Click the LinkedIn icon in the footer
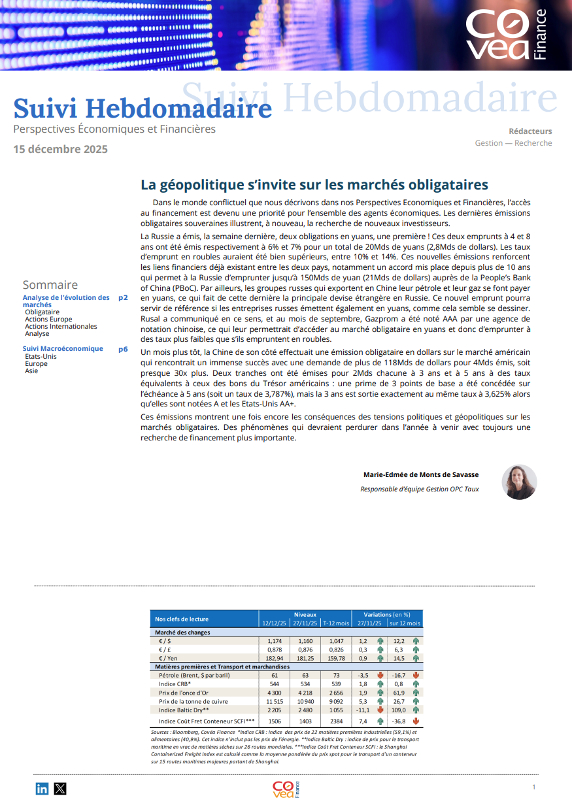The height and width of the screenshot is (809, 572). click(42, 789)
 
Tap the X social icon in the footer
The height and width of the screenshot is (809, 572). click(60, 789)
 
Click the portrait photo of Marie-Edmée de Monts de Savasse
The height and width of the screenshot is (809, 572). click(519, 482)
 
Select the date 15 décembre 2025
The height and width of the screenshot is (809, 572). click(61, 149)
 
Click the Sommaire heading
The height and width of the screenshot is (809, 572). click(50, 285)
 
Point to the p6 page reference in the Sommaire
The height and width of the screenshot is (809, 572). click(123, 349)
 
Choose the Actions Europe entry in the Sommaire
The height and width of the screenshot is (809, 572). click(48, 319)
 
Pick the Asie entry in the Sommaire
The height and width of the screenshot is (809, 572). click(31, 371)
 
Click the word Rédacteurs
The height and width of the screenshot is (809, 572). click(530, 131)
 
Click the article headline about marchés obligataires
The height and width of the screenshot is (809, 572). click(314, 185)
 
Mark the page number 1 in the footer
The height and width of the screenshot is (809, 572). click(534, 787)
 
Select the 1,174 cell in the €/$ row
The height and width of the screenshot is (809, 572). click(274, 641)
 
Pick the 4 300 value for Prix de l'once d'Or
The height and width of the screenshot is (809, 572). click(274, 693)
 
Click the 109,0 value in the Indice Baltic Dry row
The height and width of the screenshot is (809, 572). click(399, 710)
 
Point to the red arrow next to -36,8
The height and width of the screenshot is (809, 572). click(415, 721)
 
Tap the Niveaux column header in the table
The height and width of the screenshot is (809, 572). click(305, 615)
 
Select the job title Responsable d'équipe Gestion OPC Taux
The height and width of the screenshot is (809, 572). click(419, 489)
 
